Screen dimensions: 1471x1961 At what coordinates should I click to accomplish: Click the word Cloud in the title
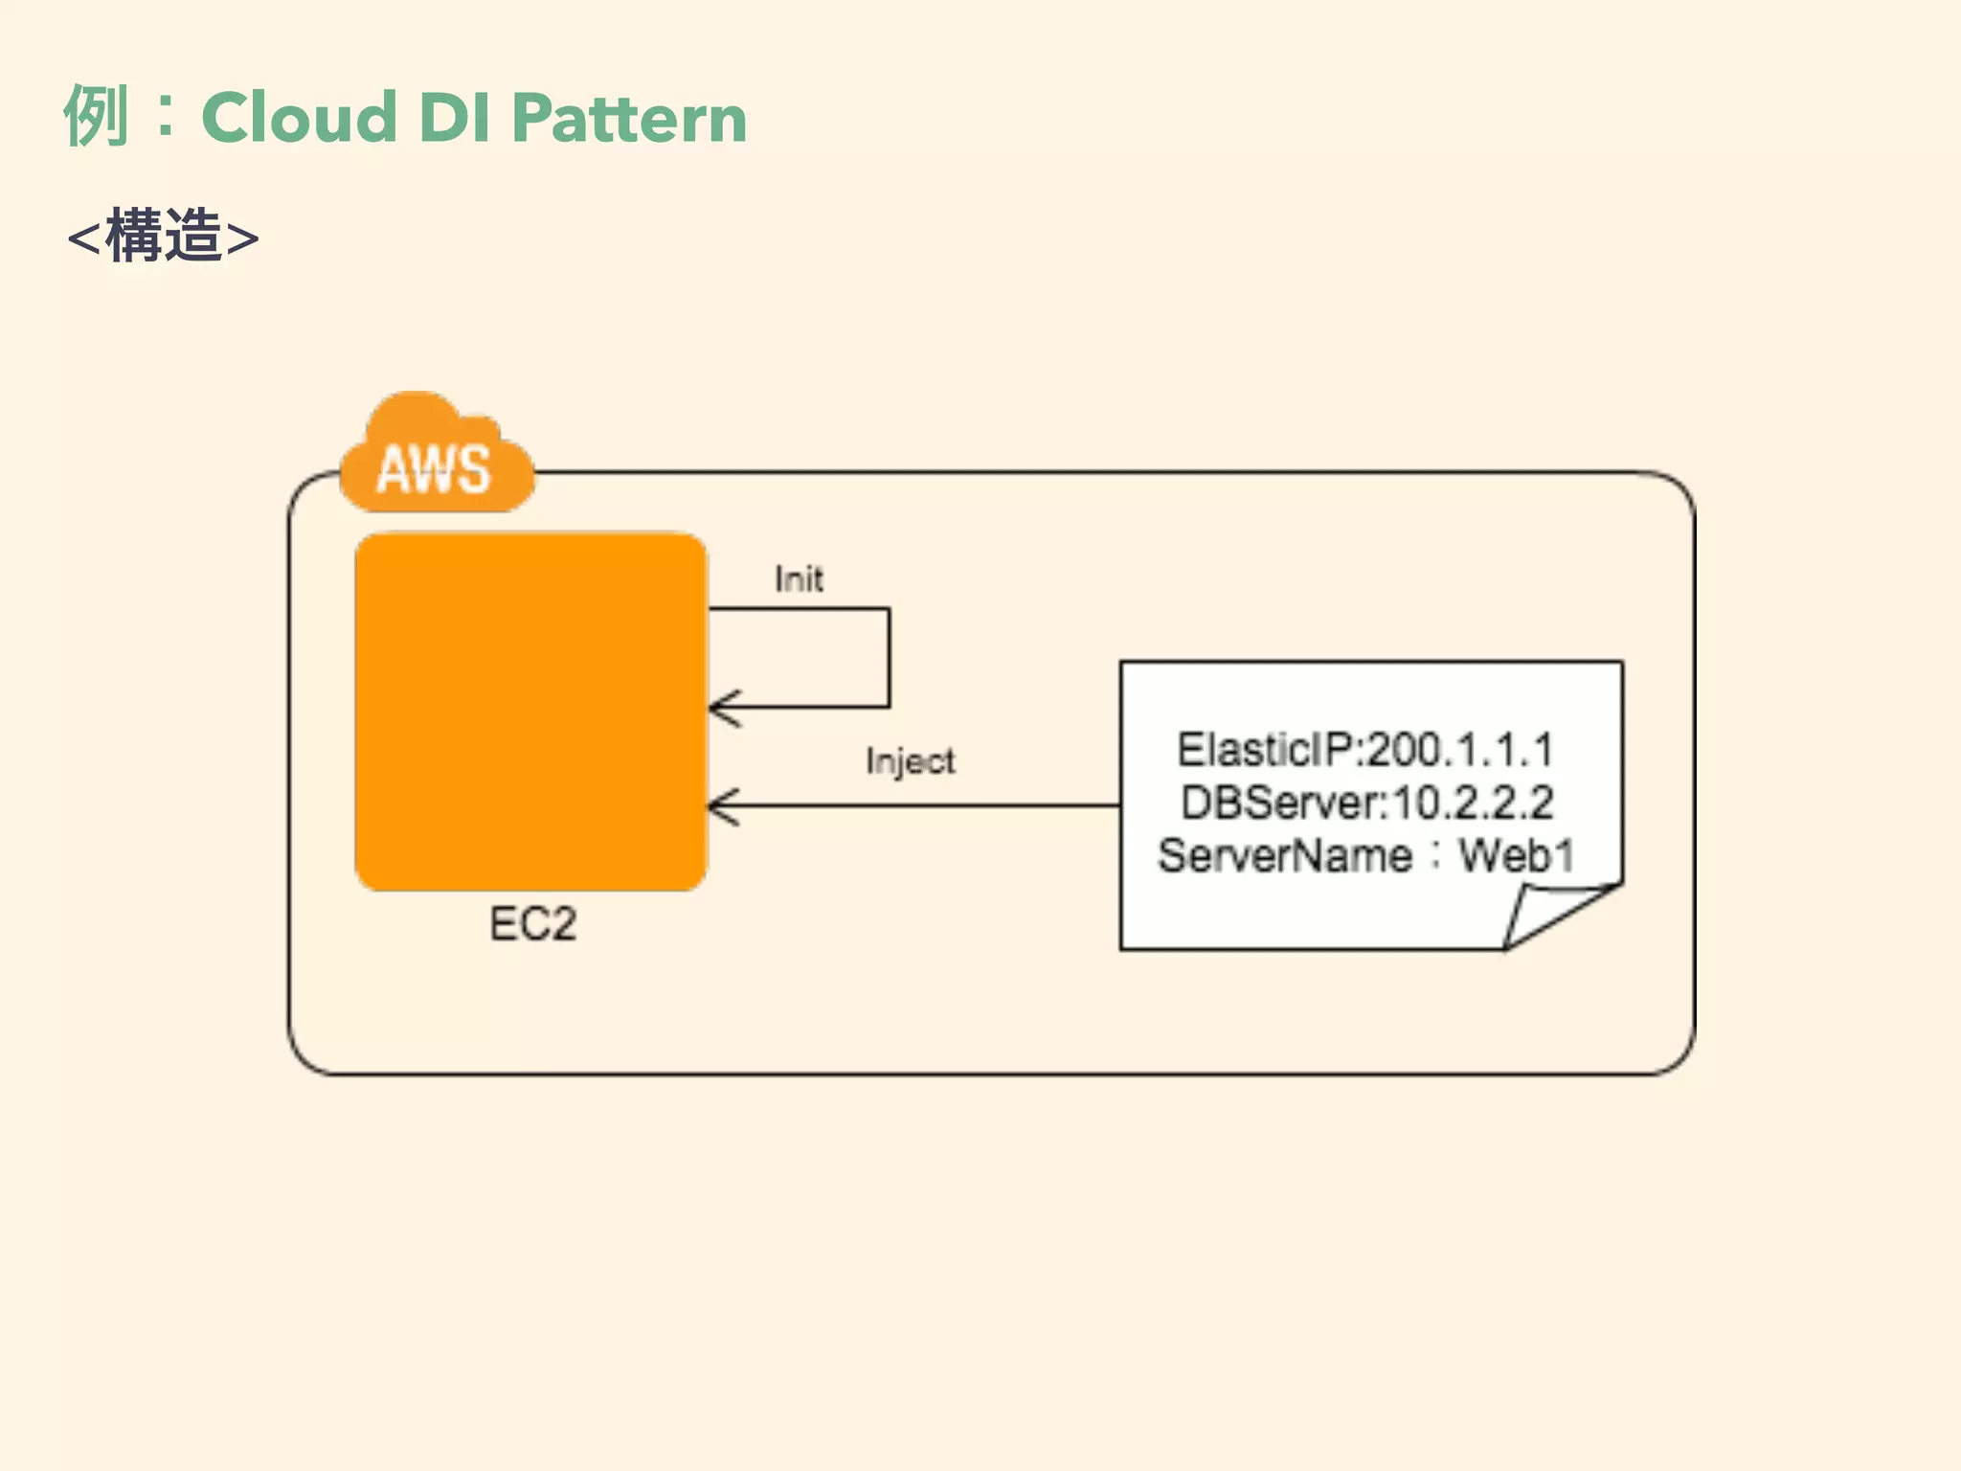[299, 118]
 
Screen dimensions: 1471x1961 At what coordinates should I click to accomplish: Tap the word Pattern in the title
[629, 118]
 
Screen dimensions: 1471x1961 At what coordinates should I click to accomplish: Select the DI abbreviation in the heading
[455, 118]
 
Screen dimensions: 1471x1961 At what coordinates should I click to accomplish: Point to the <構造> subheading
[163, 237]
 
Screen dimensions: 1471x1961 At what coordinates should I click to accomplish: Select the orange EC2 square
[530, 712]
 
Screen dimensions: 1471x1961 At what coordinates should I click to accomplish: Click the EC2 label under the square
[532, 925]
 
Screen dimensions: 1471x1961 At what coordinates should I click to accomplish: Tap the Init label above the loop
[798, 579]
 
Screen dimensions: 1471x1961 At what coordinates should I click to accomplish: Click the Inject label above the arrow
[910, 761]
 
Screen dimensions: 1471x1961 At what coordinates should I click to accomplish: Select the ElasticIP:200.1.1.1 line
[1364, 750]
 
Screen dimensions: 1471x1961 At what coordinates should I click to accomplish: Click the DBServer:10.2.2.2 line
[1366, 803]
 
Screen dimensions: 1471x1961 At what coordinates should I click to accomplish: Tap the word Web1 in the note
[1516, 855]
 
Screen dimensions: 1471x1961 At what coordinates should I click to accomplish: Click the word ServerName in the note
[1285, 855]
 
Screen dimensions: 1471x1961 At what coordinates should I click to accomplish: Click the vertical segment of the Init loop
[889, 658]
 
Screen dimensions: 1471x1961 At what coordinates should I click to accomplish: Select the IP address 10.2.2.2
[1472, 803]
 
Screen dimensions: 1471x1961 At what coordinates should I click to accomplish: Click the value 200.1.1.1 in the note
[1459, 750]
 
